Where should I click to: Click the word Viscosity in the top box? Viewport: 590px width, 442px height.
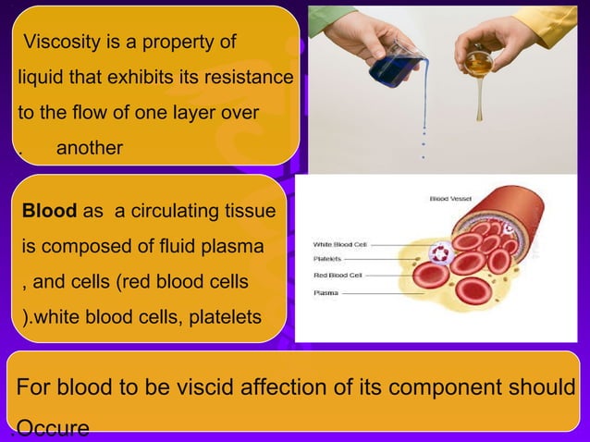tap(63, 43)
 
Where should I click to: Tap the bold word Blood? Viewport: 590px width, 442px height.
tap(49, 212)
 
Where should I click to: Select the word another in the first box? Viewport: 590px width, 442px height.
tap(90, 147)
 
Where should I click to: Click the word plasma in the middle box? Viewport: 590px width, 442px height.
tap(233, 247)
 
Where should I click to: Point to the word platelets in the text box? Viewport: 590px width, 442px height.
tap(226, 318)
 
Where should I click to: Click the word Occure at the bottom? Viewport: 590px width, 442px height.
tap(53, 428)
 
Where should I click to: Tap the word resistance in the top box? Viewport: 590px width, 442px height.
tap(249, 78)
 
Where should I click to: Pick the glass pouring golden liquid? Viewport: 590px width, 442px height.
tap(479, 61)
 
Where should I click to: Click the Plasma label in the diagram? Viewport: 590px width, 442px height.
tap(326, 292)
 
